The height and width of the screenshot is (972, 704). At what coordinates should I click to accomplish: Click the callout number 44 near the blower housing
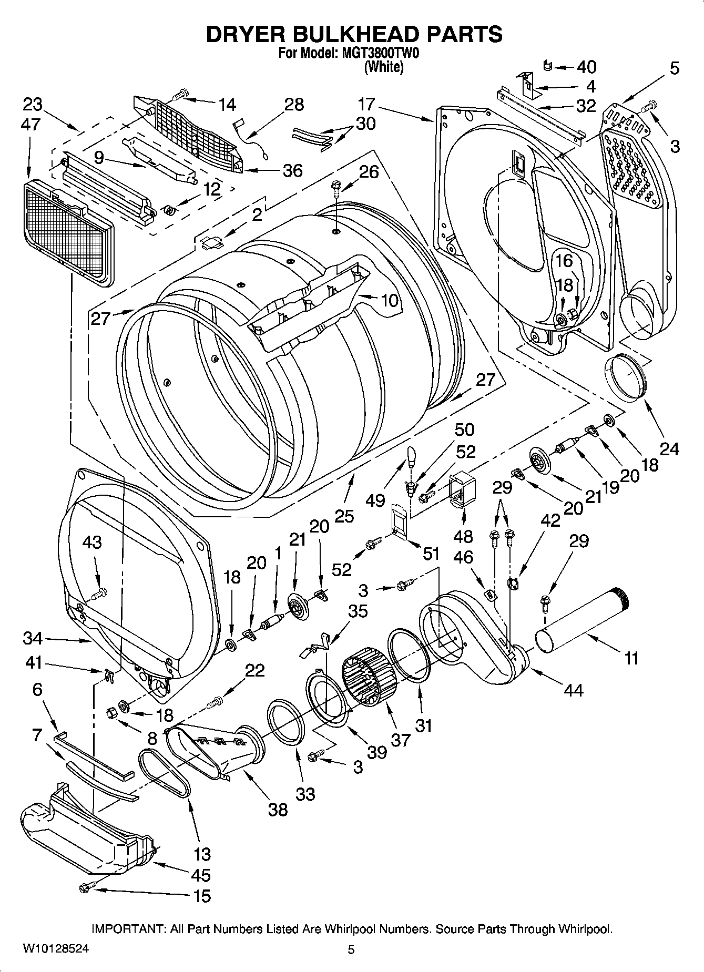[573, 689]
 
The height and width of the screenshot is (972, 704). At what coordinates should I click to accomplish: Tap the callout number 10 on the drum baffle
[389, 301]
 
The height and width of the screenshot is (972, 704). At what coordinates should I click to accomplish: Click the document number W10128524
[55, 949]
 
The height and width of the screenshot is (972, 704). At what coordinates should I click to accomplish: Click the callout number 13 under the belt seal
[202, 854]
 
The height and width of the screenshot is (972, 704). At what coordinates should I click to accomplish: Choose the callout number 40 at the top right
[586, 67]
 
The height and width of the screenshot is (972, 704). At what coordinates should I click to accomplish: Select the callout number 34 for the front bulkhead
[33, 639]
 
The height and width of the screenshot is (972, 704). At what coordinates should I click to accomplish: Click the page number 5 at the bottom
[351, 949]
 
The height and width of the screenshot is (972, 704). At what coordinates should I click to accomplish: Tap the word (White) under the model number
[384, 67]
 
